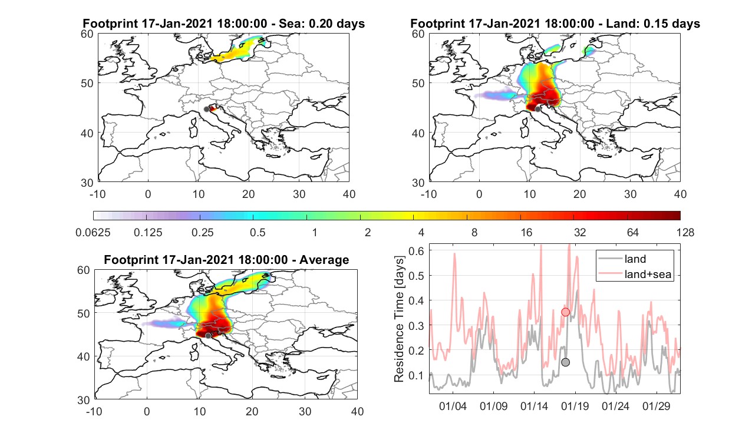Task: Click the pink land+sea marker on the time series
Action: [565, 312]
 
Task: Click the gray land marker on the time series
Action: [565, 362]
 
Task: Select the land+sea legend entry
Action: [635, 274]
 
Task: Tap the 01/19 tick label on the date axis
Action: [575, 406]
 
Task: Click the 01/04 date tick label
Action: [453, 406]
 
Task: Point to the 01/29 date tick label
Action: [657, 406]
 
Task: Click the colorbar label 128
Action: [685, 232]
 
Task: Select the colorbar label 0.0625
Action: [93, 232]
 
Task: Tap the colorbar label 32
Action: [580, 232]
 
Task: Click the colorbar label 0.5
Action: [258, 232]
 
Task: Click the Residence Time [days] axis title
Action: [399, 319]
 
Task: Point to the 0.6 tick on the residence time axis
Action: [416, 251]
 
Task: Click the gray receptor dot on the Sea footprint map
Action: [207, 110]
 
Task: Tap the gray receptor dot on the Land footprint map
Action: [538, 110]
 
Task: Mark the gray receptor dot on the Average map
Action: [208, 336]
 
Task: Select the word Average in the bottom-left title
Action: [324, 260]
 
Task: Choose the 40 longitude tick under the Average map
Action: [357, 412]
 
